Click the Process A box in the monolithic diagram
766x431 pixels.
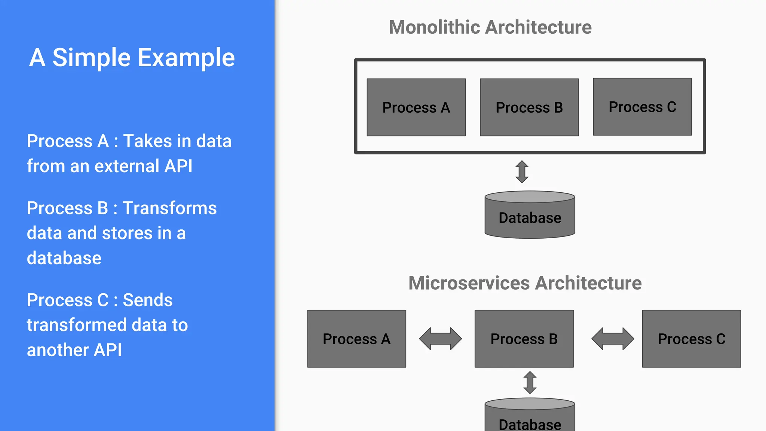(416, 107)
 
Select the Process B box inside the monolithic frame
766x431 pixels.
(529, 107)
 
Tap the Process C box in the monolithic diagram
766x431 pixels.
(642, 107)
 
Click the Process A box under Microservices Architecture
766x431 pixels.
(356, 339)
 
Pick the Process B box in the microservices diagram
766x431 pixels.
(524, 339)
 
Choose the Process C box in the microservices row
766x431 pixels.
(691, 339)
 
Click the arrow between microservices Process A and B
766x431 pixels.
(440, 339)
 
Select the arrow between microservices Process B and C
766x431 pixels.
(612, 339)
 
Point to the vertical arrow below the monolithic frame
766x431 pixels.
(522, 172)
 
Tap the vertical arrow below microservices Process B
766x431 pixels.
(530, 382)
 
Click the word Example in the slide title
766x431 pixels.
(186, 58)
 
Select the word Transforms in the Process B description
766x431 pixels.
(169, 208)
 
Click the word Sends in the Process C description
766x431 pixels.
(148, 300)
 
